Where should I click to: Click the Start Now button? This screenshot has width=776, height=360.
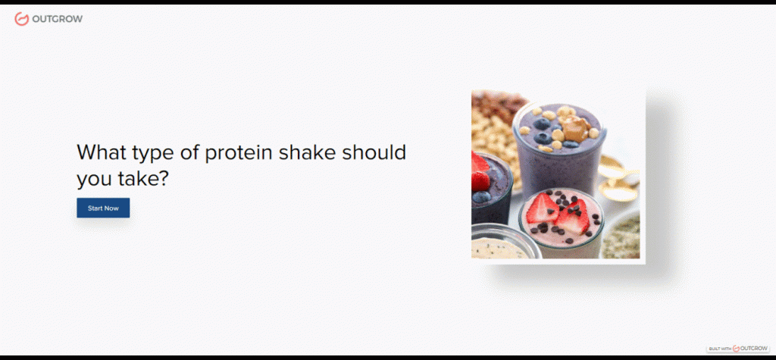tap(103, 208)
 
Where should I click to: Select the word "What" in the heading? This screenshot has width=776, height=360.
tap(101, 152)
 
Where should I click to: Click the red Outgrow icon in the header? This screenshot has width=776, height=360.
tap(21, 19)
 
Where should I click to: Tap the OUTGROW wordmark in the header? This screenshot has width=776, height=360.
tap(58, 19)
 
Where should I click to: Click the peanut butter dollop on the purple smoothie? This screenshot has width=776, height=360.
tap(576, 130)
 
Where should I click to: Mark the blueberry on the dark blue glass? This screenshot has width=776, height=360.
tap(481, 196)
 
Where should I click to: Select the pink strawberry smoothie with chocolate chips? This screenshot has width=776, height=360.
tap(562, 222)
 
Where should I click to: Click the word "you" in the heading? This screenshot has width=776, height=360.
tap(94, 180)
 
